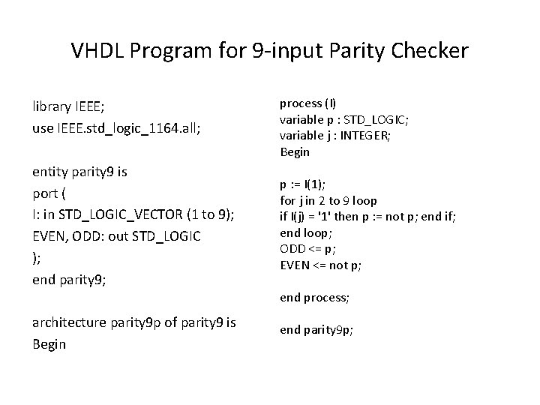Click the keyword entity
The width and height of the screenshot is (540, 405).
pos(50,172)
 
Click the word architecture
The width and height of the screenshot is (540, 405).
pos(67,323)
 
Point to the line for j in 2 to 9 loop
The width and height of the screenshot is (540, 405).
pos(328,200)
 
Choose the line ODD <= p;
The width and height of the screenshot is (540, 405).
pos(307,248)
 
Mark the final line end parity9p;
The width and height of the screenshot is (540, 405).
pos(316,329)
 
